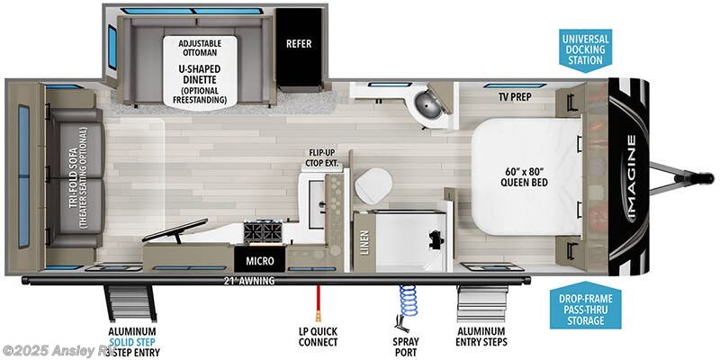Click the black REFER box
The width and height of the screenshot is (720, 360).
300,43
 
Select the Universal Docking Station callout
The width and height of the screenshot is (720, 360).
584,50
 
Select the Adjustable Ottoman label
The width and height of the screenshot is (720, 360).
202,47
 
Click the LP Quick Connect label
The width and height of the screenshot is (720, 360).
317,337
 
